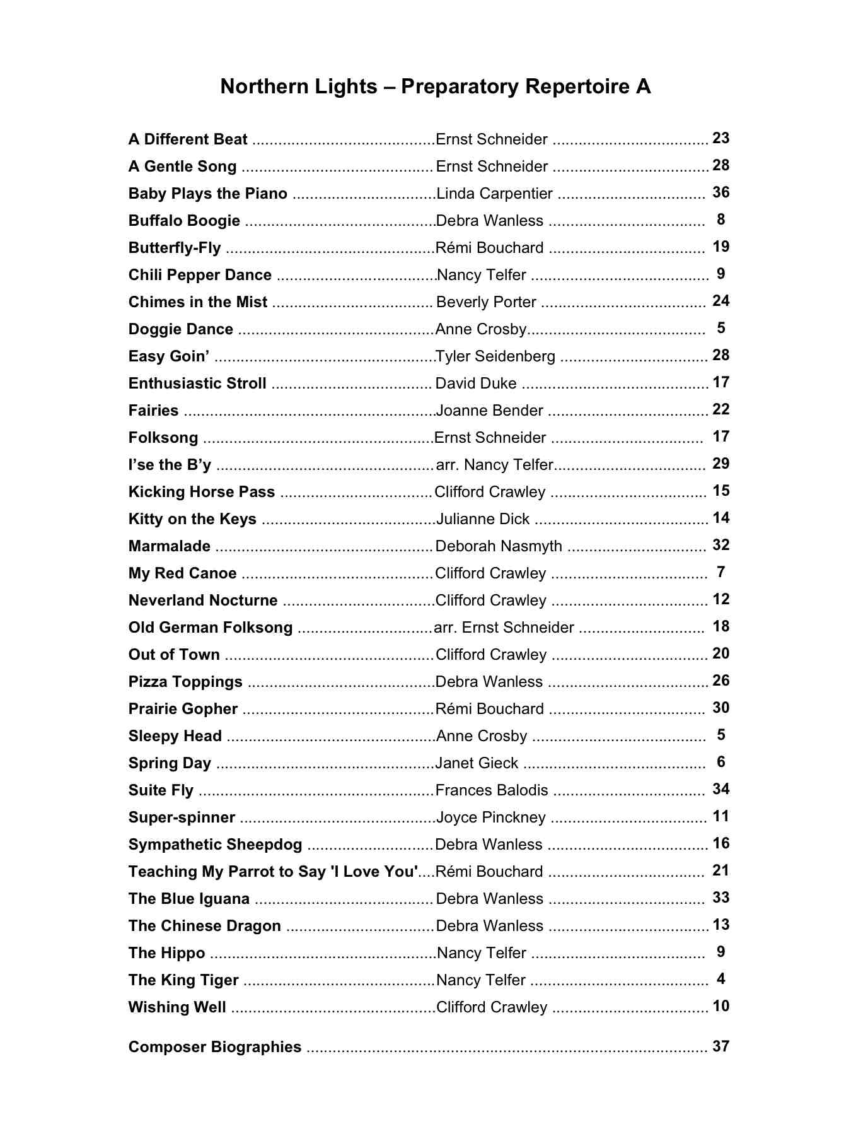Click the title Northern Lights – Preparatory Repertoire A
[435, 86]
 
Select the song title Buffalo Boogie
[184, 221]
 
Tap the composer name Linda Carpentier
[494, 194]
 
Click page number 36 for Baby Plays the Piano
[721, 192]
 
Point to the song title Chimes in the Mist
[198, 302]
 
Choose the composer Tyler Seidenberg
[495, 356]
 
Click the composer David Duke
[476, 384]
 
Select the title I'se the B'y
[170, 465]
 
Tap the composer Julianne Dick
[483, 519]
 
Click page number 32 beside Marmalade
[721, 545]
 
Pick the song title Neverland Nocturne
[203, 600]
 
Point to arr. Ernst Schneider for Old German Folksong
[504, 628]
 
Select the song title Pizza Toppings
[185, 682]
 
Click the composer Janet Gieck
[477, 763]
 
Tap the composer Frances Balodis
[492, 790]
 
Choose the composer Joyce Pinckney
[490, 817]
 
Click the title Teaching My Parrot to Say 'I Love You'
[273, 872]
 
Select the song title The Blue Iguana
[189, 899]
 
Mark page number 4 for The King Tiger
[721, 979]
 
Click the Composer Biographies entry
[215, 1047]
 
